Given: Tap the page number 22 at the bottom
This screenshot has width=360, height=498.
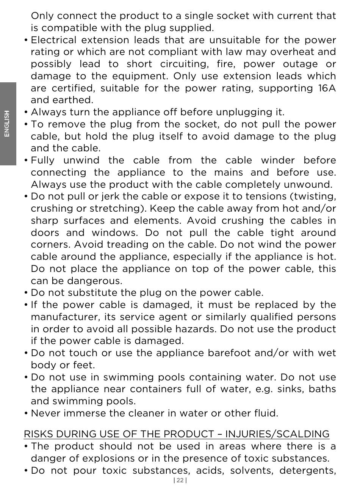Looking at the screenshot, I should [x=180, y=480].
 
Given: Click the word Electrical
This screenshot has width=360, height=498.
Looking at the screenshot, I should [x=53, y=40].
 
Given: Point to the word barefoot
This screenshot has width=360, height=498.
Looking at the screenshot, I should [x=229, y=353].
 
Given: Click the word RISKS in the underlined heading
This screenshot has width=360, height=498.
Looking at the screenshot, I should [x=38, y=434].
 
